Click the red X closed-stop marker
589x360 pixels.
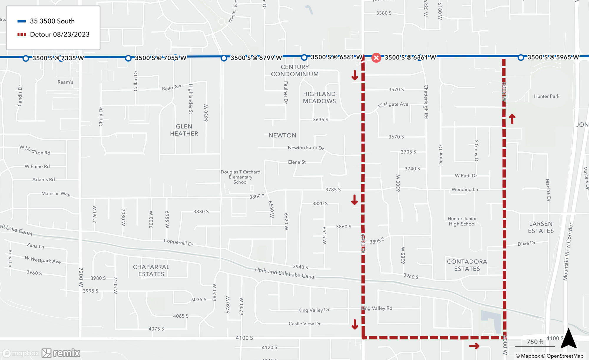[x=376, y=58]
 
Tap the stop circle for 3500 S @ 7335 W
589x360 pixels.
[x=26, y=59]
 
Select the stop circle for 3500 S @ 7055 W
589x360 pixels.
[x=128, y=58]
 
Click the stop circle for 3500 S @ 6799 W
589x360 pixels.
[x=224, y=58]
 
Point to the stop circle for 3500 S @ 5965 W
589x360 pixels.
[x=521, y=57]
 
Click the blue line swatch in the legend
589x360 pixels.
[x=21, y=21]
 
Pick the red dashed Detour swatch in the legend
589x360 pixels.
[x=21, y=34]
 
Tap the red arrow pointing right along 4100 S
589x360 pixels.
[x=474, y=346]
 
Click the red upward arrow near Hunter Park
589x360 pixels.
[x=512, y=119]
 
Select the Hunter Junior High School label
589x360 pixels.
[x=462, y=221]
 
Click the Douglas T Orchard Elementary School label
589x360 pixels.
[x=240, y=177]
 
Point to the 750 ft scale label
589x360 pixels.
[x=535, y=342]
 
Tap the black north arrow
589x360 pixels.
[x=568, y=339]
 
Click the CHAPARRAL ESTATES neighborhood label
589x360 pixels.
[x=151, y=271]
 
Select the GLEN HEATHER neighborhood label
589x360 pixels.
[x=184, y=130]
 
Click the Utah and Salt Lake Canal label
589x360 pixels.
[x=285, y=273]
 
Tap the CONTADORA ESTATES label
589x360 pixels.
[x=467, y=265]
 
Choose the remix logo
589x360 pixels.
[x=61, y=353]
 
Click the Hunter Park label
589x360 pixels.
[x=547, y=96]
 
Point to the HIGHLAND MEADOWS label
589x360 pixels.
[x=319, y=97]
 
